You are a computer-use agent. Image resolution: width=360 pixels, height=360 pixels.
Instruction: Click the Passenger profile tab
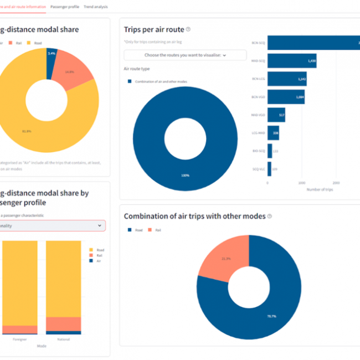coord(65,7)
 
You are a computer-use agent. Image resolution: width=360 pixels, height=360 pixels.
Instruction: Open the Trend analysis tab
coord(96,7)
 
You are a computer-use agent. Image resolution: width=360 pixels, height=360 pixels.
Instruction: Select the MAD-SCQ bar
coord(291,61)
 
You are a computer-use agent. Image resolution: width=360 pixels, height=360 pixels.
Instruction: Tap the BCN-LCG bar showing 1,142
coord(286,79)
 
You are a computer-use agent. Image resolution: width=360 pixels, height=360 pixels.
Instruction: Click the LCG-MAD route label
coord(258,133)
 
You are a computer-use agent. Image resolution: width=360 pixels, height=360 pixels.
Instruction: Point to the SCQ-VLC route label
coord(259,169)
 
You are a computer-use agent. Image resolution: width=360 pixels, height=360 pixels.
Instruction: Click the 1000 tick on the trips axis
coord(302,182)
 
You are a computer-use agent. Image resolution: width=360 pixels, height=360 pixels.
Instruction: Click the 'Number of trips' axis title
coord(320,189)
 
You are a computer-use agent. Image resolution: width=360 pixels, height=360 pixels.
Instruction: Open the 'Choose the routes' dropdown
coord(185,55)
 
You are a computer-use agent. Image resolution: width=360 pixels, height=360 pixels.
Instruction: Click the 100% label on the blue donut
coord(185,176)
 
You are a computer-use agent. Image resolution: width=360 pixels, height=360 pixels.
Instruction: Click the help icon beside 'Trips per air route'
coord(188,29)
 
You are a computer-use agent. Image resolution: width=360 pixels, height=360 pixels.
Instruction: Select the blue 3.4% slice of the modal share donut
coord(52,58)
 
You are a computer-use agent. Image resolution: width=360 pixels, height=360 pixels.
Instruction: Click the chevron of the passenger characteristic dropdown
coord(99,225)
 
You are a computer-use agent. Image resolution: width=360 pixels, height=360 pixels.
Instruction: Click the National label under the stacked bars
coord(63,339)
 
